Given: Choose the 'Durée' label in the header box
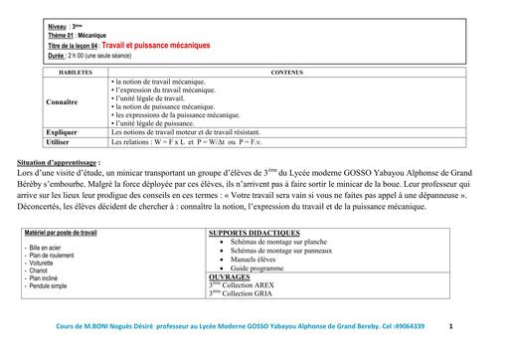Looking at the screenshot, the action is [60, 56].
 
